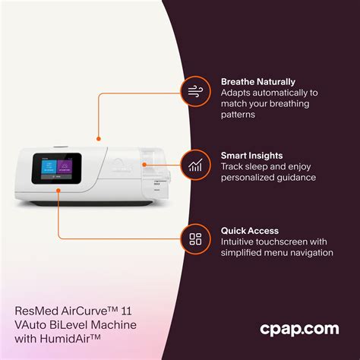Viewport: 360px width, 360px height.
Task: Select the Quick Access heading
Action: (250, 230)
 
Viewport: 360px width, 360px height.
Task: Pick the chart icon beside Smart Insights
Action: (195, 164)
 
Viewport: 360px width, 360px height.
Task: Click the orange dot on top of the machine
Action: (99, 139)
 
